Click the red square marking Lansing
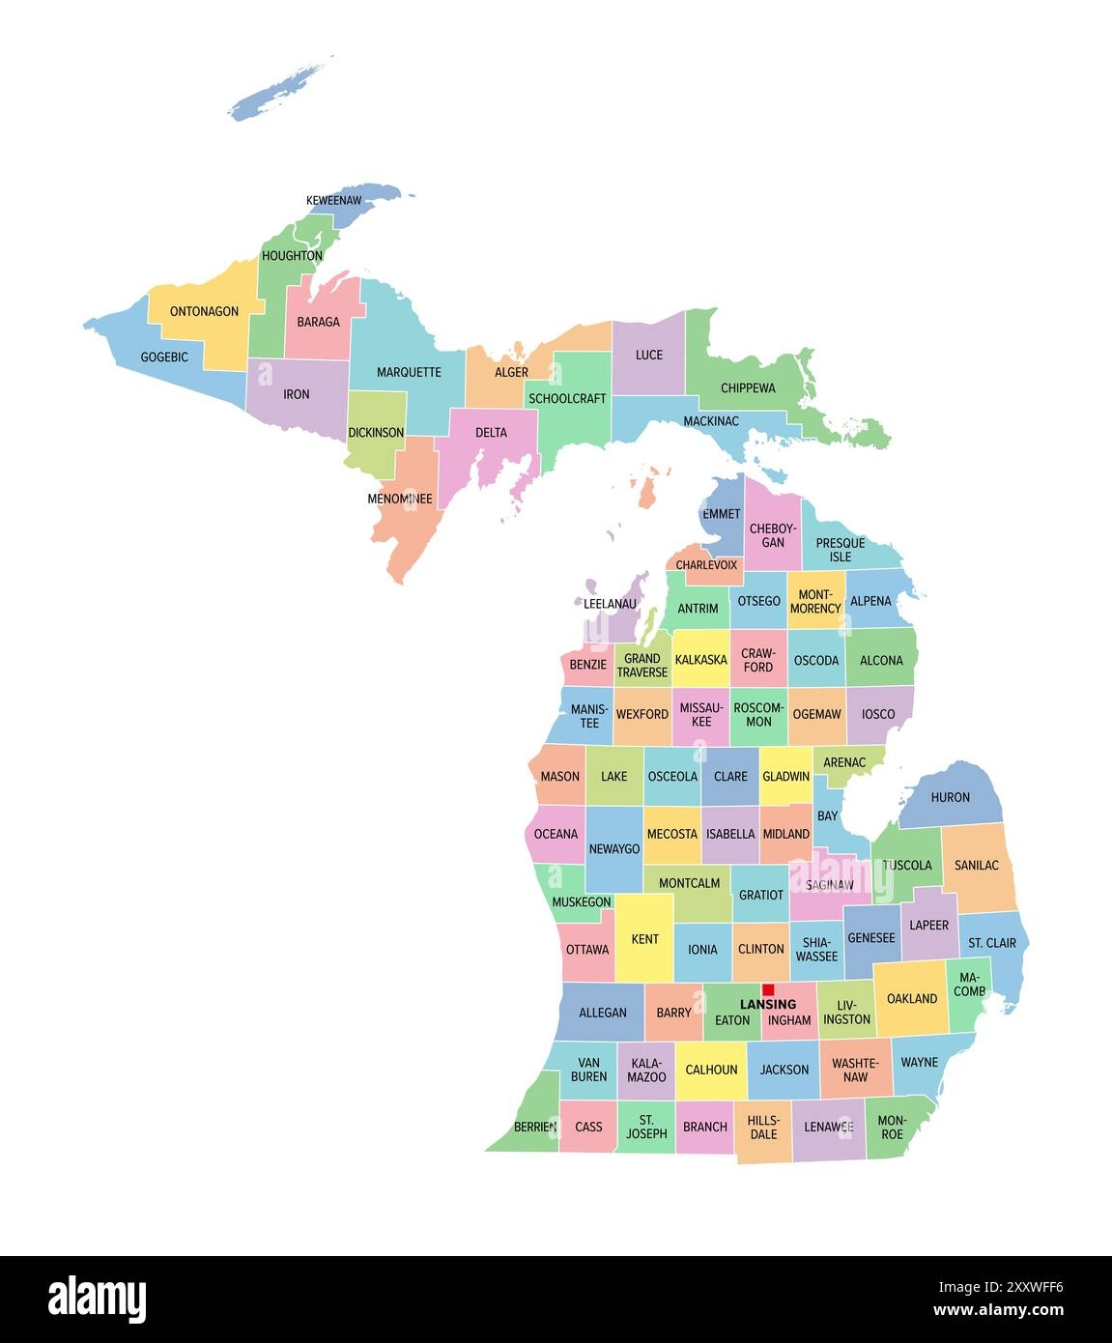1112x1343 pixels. pyautogui.click(x=768, y=989)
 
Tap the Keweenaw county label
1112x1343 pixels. pyautogui.click(x=333, y=200)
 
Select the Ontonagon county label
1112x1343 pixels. pyautogui.click(x=204, y=311)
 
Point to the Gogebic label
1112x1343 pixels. pyautogui.click(x=164, y=357)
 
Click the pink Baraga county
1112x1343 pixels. pyautogui.click(x=318, y=322)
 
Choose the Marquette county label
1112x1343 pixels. pyautogui.click(x=409, y=372)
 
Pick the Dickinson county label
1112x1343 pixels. pyautogui.click(x=376, y=432)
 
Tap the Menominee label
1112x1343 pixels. pyautogui.click(x=400, y=499)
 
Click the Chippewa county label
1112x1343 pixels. pyautogui.click(x=748, y=388)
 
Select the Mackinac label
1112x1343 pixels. pyautogui.click(x=710, y=421)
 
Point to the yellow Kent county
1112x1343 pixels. pyautogui.click(x=644, y=938)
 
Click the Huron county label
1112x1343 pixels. pyautogui.click(x=950, y=797)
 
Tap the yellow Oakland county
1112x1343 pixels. pyautogui.click(x=911, y=998)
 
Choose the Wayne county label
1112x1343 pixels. pyautogui.click(x=919, y=1062)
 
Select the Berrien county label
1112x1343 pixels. pyautogui.click(x=535, y=1127)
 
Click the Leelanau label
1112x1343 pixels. pyautogui.click(x=611, y=604)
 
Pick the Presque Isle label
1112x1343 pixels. pyautogui.click(x=841, y=550)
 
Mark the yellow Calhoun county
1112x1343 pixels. pyautogui.click(x=711, y=1070)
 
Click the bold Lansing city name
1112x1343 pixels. pyautogui.click(x=768, y=1005)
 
